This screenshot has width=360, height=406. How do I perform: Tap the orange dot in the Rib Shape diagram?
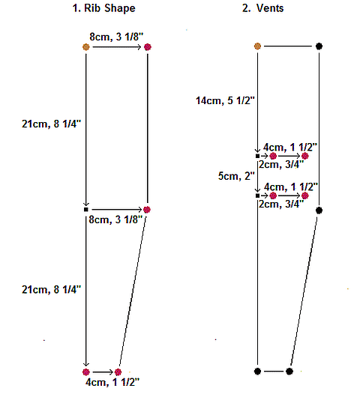click(x=86, y=47)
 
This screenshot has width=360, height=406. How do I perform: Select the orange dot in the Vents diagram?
click(x=257, y=46)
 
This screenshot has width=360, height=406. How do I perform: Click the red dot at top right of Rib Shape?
click(x=148, y=47)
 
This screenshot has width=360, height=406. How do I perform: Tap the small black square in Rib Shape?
click(x=86, y=209)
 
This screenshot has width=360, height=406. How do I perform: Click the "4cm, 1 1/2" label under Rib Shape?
click(x=117, y=383)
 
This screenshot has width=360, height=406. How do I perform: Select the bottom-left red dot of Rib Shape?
click(x=86, y=372)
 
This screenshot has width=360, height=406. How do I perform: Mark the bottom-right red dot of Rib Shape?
click(x=118, y=372)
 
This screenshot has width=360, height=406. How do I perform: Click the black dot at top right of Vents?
click(x=319, y=46)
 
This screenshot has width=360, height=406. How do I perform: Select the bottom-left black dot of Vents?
click(x=257, y=371)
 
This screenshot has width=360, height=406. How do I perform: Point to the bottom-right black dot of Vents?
click(x=289, y=371)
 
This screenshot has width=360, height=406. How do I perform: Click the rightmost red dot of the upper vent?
click(x=305, y=156)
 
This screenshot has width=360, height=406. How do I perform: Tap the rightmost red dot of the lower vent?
click(x=305, y=195)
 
